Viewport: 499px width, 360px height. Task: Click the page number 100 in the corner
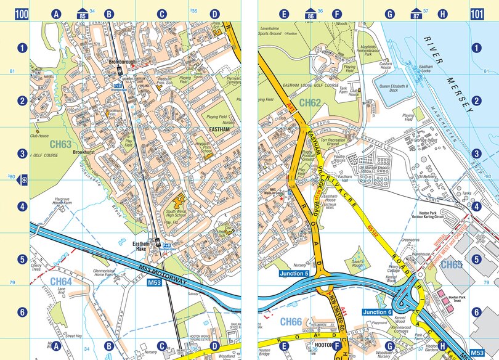(x=22, y=14)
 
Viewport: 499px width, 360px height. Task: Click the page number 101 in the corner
(x=476, y=14)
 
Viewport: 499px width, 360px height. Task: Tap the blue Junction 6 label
(x=376, y=312)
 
